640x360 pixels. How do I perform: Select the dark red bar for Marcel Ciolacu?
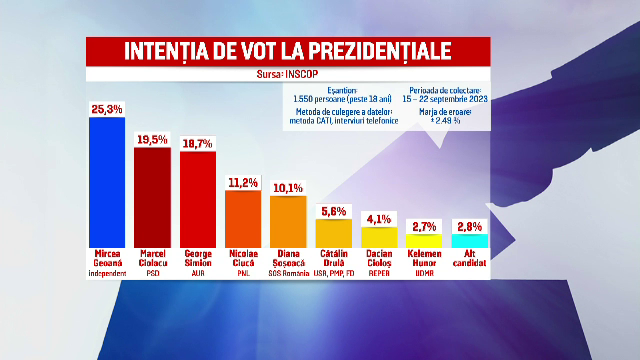[152, 196]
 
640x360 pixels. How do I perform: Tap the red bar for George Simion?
[197, 198]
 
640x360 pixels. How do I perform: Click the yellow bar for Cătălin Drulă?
[333, 232]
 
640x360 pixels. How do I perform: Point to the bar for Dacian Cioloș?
[379, 236]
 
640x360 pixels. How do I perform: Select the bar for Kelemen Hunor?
[424, 240]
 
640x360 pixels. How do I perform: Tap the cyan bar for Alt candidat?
[470, 240]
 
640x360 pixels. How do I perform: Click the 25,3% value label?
[107, 107]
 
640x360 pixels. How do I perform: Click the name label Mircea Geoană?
[107, 257]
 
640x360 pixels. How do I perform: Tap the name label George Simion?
[197, 257]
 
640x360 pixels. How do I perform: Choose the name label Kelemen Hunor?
[424, 257]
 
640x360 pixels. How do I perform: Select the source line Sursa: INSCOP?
[288, 73]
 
